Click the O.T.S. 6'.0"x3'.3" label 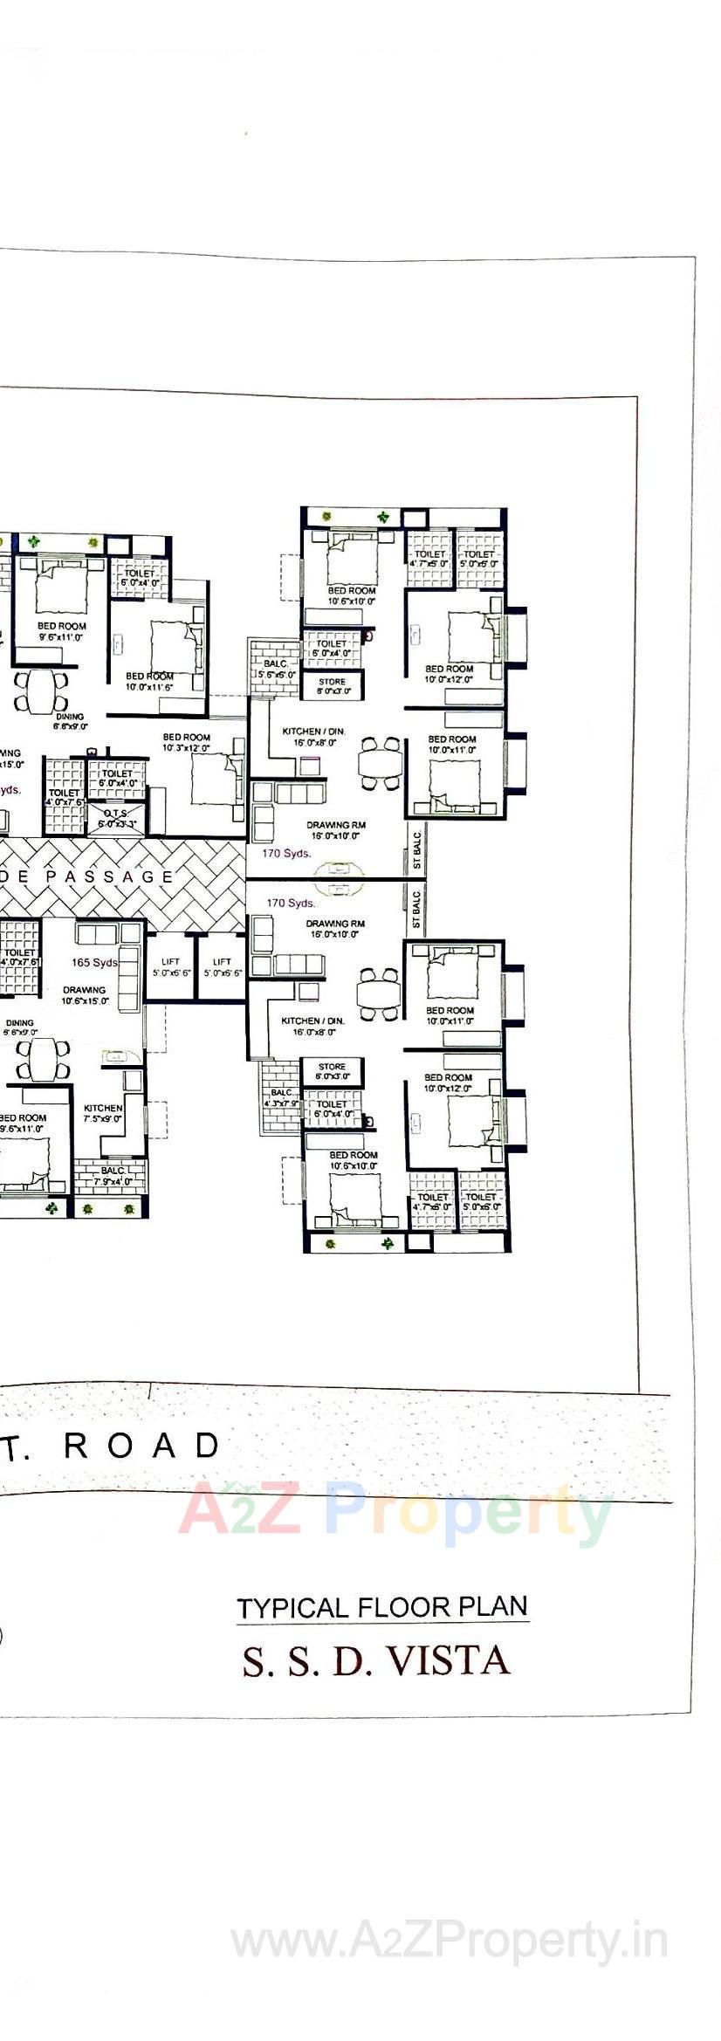coord(116,818)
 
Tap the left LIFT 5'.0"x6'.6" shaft coord(171,966)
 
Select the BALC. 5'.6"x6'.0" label coord(276,669)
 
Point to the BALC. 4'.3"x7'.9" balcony coord(281,1097)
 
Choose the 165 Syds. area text coord(94,963)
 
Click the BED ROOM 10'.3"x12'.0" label coord(186,742)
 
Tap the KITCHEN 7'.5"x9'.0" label coord(103,1113)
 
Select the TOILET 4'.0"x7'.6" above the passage coord(64,797)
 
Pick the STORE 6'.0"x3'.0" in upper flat coord(332,686)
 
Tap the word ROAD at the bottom coord(142,1446)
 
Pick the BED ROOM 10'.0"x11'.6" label coord(149,681)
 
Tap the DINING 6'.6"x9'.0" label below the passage coord(20,1027)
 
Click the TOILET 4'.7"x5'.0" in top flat coord(429,559)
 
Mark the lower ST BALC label coord(416,910)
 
